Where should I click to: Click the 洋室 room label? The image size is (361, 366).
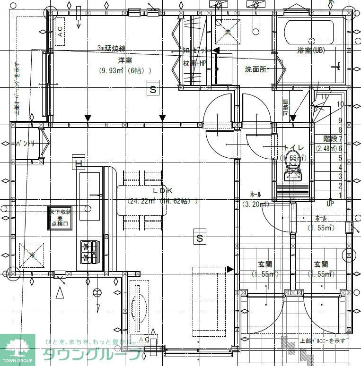125,61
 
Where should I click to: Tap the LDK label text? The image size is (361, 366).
162,190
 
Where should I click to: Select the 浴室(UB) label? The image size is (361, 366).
310,50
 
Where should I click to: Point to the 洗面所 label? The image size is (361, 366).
256,69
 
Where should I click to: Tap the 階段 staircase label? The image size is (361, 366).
330,139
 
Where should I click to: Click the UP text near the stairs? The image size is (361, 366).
330,204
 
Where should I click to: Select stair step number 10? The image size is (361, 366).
340,104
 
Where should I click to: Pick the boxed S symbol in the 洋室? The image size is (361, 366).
152,89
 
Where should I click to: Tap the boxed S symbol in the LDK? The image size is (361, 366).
200,238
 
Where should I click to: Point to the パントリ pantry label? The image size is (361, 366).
25,143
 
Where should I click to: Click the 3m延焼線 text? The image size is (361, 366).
111,48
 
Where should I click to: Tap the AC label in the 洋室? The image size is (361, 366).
60,32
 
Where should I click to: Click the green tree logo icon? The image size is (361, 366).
18,348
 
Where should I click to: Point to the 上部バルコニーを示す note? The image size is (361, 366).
323,340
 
